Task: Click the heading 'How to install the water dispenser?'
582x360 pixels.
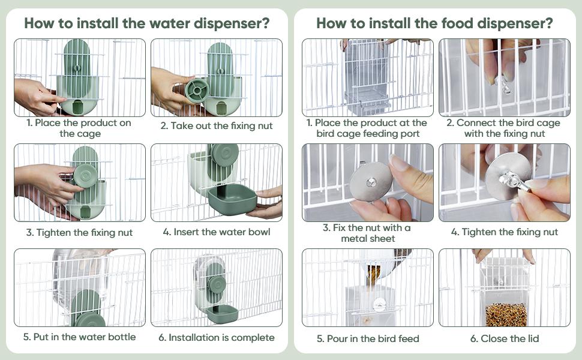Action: pos(146,23)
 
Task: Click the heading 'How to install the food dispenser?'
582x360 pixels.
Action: pos(434,23)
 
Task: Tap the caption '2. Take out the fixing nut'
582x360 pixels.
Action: pos(217,126)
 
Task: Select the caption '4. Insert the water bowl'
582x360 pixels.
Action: pos(216,232)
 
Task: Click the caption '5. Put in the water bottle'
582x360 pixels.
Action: pos(80,337)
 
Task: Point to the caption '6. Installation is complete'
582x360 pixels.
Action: pos(217,337)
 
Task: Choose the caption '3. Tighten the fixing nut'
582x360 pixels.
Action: pos(80,232)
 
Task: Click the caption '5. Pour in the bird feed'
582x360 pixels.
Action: pos(368,338)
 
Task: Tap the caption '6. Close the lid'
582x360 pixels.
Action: pos(505,338)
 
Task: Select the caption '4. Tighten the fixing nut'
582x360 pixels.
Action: pos(505,232)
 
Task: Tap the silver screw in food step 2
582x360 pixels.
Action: pos(504,84)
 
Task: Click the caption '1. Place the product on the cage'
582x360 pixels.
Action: pos(80,128)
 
